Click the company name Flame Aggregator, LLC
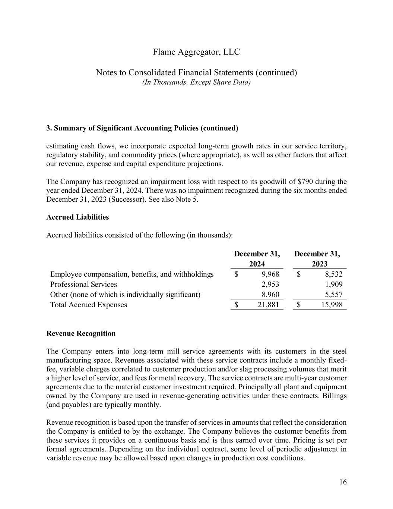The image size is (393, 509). [x=196, y=52]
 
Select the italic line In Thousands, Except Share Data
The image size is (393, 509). [x=196, y=82]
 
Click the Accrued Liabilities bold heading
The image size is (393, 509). [x=77, y=217]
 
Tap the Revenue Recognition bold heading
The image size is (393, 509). [x=81, y=333]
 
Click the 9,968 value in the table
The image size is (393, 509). [x=268, y=274]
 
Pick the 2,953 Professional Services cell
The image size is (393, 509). [x=269, y=285]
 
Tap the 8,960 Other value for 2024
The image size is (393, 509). [x=269, y=295]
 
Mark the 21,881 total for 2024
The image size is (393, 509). [x=268, y=305]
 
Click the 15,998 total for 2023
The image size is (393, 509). [x=331, y=305]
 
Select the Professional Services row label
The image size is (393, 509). [x=83, y=285]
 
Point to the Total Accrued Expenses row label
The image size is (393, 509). [x=89, y=305]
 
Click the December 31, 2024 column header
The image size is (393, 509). [x=257, y=259]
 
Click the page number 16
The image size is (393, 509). [x=343, y=482]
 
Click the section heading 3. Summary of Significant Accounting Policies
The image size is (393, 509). [x=142, y=128]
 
